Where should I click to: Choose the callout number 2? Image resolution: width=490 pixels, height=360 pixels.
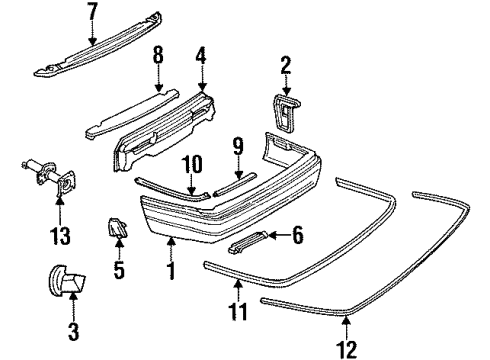(x=286, y=67)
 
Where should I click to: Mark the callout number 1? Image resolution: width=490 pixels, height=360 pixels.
(x=171, y=269)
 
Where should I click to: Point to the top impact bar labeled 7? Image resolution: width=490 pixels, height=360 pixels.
(x=110, y=46)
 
